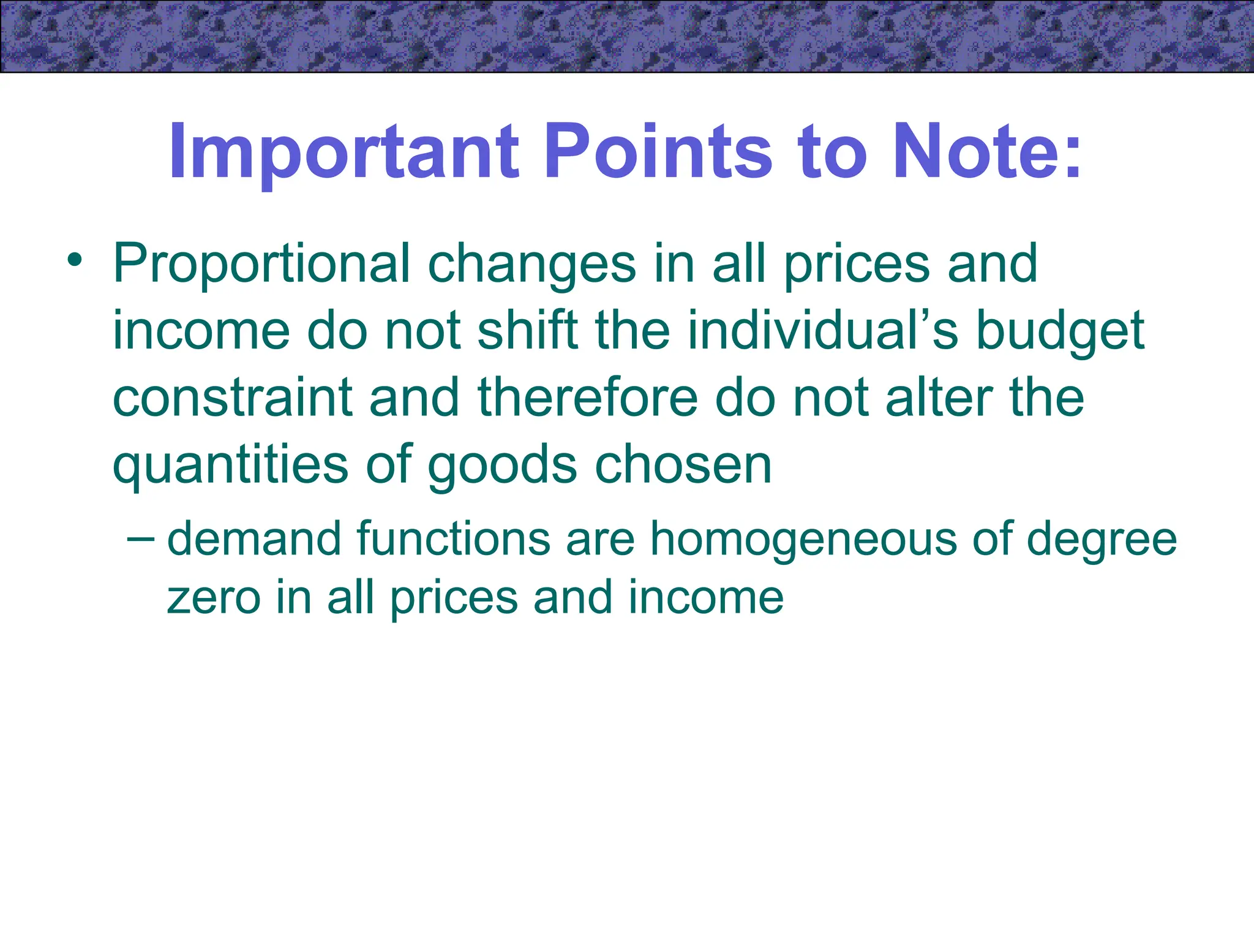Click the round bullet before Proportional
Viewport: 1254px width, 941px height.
pyautogui.click(x=75, y=260)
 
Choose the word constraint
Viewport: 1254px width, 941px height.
pyautogui.click(x=233, y=398)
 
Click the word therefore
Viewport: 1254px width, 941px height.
pyautogui.click(x=587, y=398)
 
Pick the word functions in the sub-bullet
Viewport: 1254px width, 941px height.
pyautogui.click(x=453, y=539)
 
